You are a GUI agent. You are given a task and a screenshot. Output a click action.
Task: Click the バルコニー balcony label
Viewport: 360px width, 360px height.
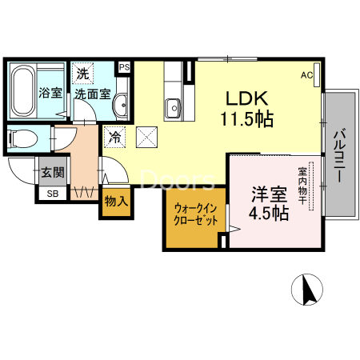pos(338,155)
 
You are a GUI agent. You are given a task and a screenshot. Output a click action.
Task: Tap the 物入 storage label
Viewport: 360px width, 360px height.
pos(117,202)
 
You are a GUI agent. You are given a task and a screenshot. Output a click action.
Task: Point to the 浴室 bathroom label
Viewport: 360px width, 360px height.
pos(50,92)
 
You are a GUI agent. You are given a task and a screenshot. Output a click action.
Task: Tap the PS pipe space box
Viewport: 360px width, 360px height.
pos(125,67)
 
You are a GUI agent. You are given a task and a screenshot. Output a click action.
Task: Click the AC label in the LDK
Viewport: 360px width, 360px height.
pos(306,75)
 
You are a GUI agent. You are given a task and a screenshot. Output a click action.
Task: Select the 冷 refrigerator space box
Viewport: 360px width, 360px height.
pos(115,138)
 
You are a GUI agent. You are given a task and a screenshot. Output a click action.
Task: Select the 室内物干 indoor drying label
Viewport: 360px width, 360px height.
pos(303,185)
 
